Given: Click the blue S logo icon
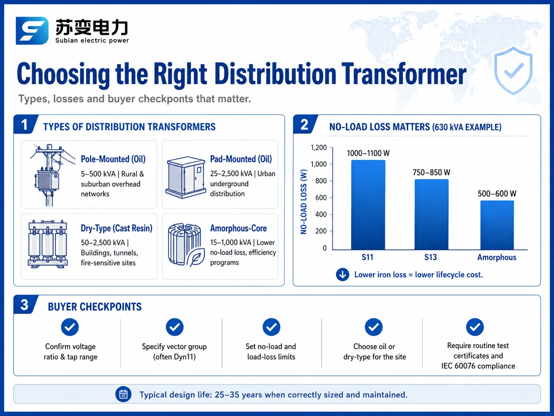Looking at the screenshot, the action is coord(32,31).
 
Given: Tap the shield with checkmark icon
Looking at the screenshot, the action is coord(513,71).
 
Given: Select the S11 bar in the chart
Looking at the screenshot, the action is coord(368,205).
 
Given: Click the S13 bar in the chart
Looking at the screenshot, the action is coord(432,215).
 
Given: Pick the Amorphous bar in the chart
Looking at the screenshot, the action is coord(497,225).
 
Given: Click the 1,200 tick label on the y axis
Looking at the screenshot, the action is coord(319,147).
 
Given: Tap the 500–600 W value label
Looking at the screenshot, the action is coord(497,194).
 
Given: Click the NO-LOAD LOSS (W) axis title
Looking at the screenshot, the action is coord(304,202).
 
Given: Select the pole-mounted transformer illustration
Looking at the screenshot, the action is coord(51,175).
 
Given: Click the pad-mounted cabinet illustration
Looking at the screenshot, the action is coord(186,178).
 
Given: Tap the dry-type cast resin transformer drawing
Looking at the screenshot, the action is coord(48,244).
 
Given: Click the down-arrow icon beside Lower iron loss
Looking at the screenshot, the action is coord(342,275).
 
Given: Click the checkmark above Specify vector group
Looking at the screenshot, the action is coord(174,327).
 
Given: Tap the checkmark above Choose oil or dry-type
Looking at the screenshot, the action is coord(374,327).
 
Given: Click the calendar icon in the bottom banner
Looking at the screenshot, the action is coord(124,394).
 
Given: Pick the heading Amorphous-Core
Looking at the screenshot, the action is coord(238,228).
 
